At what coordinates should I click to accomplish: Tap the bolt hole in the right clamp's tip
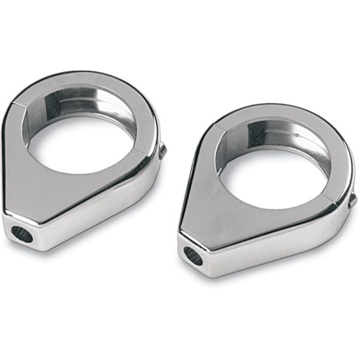(193, 256)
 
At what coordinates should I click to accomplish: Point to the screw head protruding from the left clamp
(163, 151)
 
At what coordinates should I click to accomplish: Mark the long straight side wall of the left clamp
(102, 213)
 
